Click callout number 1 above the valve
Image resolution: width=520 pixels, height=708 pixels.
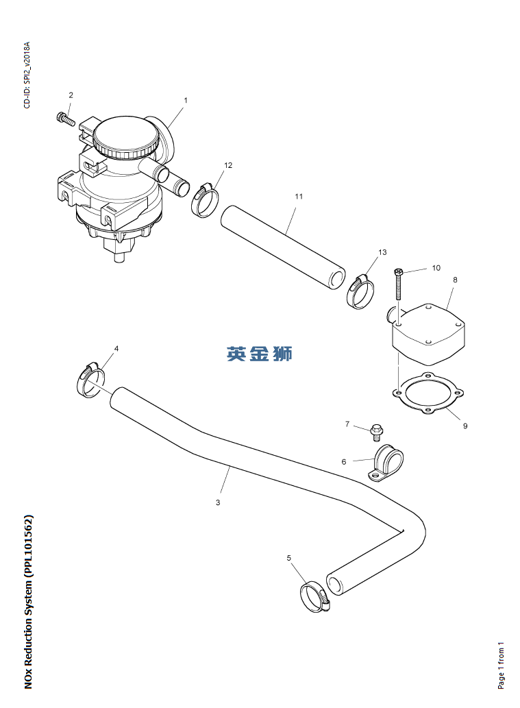[x=185, y=100]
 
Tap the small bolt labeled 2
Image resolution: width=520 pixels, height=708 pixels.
[x=65, y=119]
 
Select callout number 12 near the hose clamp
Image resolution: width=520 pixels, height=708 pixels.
[x=228, y=165]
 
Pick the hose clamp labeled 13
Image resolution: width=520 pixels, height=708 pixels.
[x=361, y=291]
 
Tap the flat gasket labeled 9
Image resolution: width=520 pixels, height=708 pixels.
[x=429, y=394]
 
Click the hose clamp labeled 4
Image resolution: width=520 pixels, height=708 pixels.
[x=90, y=380]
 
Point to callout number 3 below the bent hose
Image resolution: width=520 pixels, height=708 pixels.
[x=218, y=502]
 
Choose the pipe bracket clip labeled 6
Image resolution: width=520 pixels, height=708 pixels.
[x=387, y=463]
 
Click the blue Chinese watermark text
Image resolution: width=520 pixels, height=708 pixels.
[x=260, y=354]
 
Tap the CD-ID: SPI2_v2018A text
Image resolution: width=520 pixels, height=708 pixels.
[x=27, y=75]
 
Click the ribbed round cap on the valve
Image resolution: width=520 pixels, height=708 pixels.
[x=125, y=137]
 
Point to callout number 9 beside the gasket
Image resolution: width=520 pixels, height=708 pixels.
[x=465, y=426]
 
